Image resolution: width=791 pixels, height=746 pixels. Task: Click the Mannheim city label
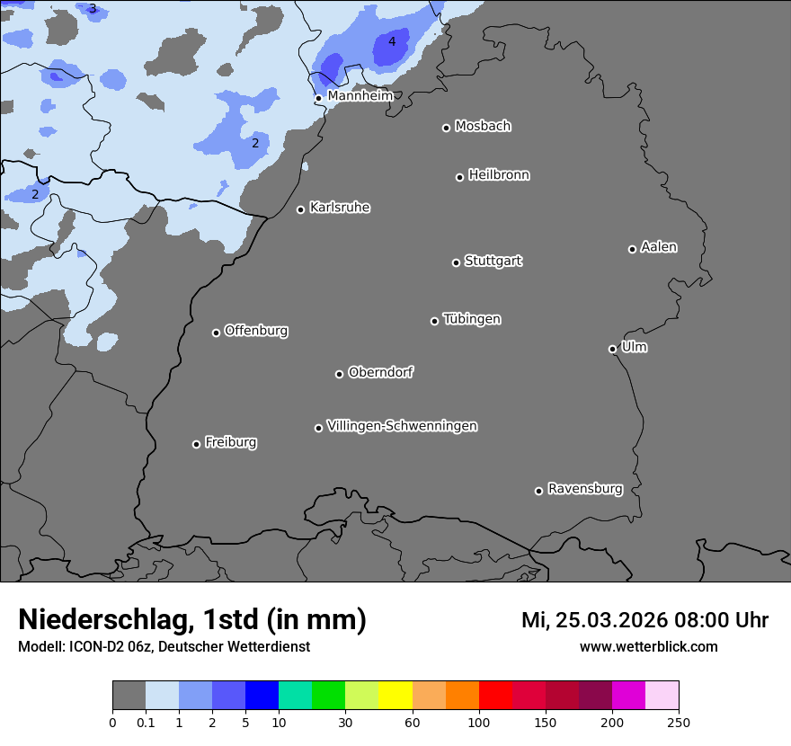click(360, 96)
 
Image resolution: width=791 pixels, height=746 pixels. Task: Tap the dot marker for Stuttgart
click(456, 262)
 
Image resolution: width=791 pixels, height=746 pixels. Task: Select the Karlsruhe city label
click(339, 208)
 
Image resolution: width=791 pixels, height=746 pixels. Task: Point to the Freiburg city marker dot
click(196, 444)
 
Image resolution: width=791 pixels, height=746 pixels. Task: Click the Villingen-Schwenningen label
click(402, 426)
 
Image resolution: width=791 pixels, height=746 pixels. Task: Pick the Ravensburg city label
click(584, 489)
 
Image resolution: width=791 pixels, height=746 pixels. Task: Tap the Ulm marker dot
click(612, 349)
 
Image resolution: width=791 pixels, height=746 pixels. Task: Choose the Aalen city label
click(658, 247)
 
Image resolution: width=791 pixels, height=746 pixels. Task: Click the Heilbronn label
click(499, 175)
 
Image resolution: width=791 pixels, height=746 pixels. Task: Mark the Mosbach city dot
click(446, 128)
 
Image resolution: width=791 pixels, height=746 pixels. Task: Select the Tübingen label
click(471, 319)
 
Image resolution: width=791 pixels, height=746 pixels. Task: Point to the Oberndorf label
click(380, 372)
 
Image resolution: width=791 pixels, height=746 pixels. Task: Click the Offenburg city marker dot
click(216, 333)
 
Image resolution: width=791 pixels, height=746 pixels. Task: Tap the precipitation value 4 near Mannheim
click(391, 41)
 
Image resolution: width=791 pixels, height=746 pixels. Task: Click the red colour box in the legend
click(495, 696)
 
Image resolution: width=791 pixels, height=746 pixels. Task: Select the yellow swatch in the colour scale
click(395, 696)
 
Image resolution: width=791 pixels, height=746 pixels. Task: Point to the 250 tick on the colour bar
click(679, 722)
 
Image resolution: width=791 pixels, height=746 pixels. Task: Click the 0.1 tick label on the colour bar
click(146, 722)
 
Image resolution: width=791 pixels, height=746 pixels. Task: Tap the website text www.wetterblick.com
click(648, 647)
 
